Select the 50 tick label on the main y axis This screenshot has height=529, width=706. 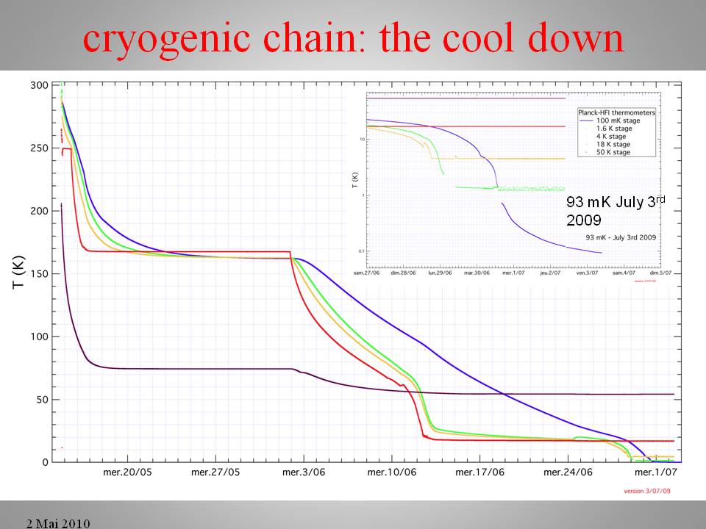pyautogui.click(x=42, y=400)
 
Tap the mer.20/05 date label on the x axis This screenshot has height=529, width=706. pyautogui.click(x=127, y=472)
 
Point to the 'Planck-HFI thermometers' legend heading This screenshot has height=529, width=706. pyautogui.click(x=616, y=112)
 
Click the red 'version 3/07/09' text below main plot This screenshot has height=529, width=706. pyautogui.click(x=646, y=491)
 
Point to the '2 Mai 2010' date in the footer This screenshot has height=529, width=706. pyautogui.click(x=58, y=523)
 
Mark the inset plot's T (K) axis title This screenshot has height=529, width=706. pyautogui.click(x=355, y=178)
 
